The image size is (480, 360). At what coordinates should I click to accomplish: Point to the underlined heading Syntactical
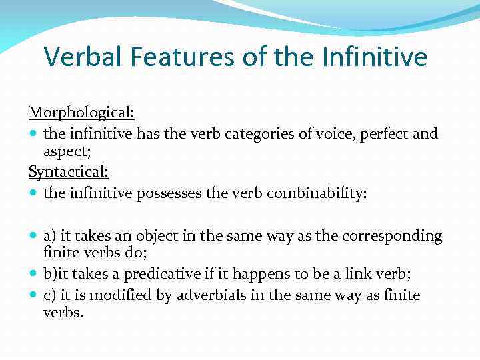tap(68, 172)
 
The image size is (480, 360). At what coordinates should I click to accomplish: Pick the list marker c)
tap(50, 295)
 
